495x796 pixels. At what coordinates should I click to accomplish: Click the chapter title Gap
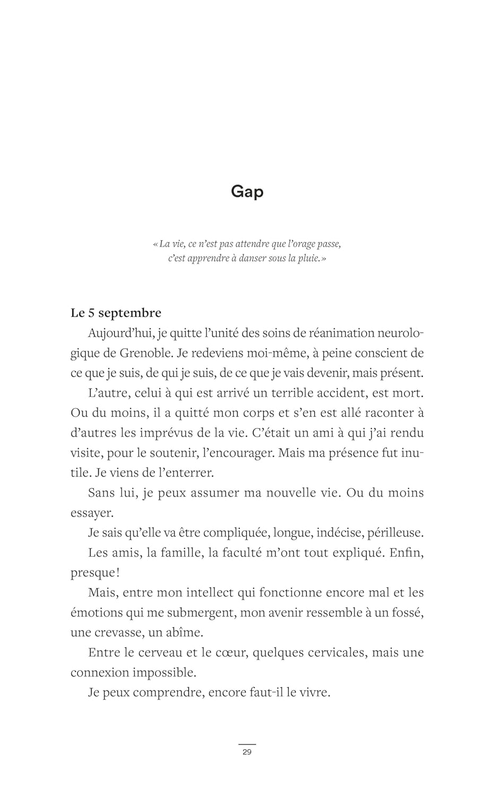[x=247, y=191]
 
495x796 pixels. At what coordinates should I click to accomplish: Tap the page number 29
[x=247, y=752]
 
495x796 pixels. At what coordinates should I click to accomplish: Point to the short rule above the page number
[x=247, y=745]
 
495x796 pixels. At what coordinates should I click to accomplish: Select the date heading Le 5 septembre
[x=116, y=313]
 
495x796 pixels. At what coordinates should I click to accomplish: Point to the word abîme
[x=185, y=633]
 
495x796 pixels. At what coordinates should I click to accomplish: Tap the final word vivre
[x=315, y=693]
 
